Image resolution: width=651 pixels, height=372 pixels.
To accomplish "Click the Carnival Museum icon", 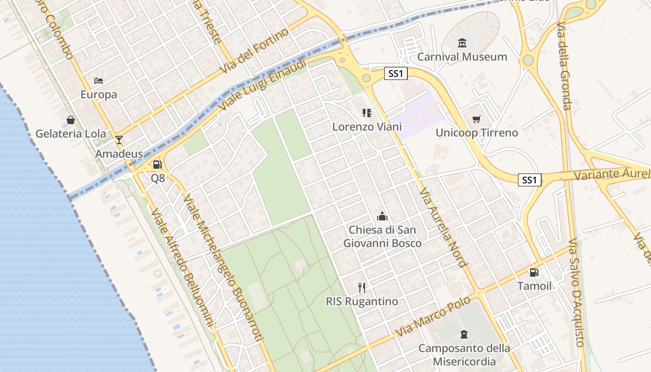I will click(462, 43).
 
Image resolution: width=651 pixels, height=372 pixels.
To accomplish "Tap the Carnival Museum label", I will click(462, 57).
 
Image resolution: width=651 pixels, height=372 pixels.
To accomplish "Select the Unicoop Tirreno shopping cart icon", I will click(476, 120).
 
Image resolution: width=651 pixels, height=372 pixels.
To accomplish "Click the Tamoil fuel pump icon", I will click(534, 272).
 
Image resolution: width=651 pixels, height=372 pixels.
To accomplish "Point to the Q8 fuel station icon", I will click(158, 165).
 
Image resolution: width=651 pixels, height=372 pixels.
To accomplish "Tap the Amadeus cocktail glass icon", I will click(119, 139).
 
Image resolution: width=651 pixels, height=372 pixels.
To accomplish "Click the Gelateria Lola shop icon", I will click(71, 120).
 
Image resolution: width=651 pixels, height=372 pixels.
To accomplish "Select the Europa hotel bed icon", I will click(99, 81).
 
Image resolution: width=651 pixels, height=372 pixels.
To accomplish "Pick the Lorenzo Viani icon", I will click(367, 113).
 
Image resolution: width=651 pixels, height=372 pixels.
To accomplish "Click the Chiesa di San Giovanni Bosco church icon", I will click(382, 216).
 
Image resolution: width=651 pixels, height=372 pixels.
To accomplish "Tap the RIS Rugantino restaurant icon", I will click(362, 287).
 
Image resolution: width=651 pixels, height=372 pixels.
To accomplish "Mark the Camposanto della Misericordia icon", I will click(464, 334).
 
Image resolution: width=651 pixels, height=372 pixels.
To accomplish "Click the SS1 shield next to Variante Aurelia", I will click(530, 179).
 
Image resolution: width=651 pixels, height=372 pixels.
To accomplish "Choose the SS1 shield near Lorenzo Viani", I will click(396, 73).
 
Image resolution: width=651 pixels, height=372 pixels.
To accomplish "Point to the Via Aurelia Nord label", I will click(443, 227).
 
